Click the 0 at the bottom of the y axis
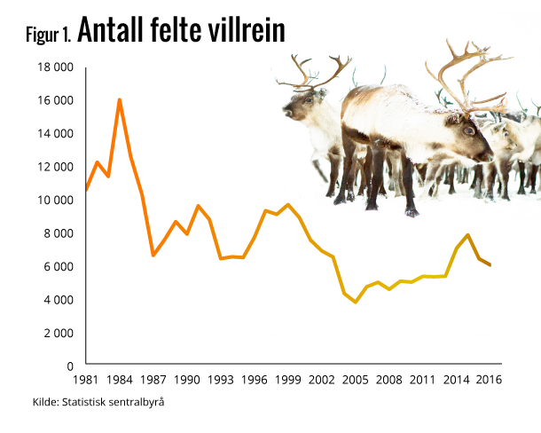[69, 366]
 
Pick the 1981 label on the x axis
[85, 380]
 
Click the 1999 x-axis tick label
[287, 380]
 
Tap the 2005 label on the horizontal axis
[355, 380]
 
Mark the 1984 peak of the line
[119, 99]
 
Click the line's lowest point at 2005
[356, 303]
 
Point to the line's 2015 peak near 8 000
[467, 235]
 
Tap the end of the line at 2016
[490, 265]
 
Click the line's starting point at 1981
[85, 190]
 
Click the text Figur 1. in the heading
[50, 35]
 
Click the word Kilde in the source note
[45, 402]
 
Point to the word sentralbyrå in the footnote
[138, 402]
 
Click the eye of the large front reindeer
[468, 130]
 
